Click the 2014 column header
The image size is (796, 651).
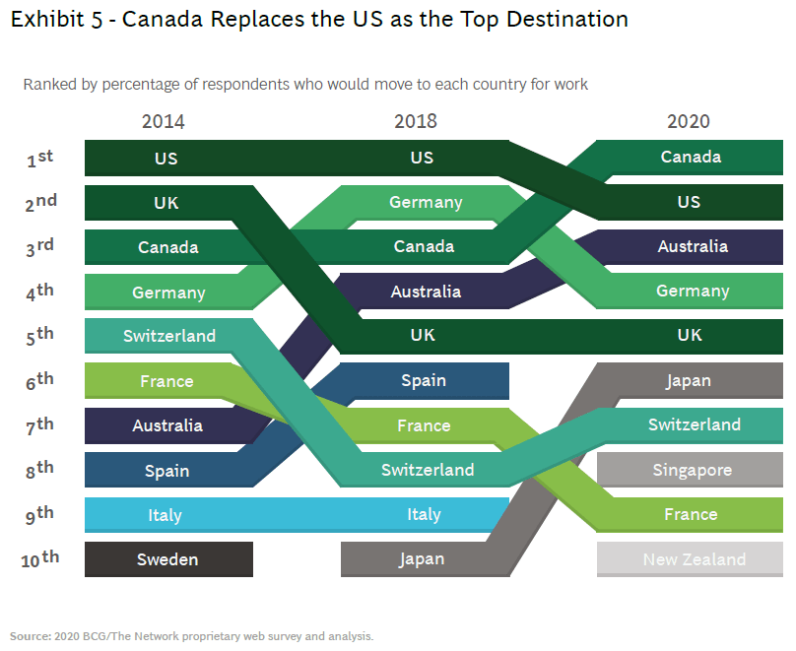click(163, 122)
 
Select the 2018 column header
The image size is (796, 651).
click(416, 122)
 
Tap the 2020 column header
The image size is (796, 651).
click(688, 122)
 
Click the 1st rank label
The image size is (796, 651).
click(39, 159)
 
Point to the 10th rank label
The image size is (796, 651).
click(39, 559)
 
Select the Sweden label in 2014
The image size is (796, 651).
click(167, 559)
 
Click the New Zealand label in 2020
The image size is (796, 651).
click(695, 559)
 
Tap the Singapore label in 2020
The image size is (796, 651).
click(693, 470)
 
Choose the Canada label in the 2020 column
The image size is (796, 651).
click(691, 157)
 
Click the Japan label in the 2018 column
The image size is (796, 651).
click(423, 559)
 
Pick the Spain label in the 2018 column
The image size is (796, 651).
click(424, 380)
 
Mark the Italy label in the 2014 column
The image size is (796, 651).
click(166, 515)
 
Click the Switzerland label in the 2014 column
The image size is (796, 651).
click(169, 336)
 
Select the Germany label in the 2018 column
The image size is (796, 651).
click(426, 202)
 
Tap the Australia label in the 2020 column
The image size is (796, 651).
click(693, 246)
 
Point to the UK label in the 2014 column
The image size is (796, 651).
click(166, 202)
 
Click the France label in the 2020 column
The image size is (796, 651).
click(691, 514)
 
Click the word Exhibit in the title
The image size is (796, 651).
click(42, 19)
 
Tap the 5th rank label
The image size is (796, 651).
click(39, 337)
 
